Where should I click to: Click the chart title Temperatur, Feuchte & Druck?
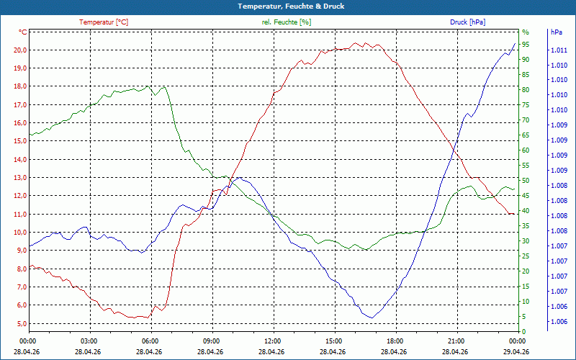(x=287, y=6)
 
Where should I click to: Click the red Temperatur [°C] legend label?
(x=104, y=22)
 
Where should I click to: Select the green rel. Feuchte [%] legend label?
(x=286, y=22)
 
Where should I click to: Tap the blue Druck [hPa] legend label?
(x=467, y=22)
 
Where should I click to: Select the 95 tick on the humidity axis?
(x=526, y=44)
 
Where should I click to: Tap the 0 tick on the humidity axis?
(x=523, y=331)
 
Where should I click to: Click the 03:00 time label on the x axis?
(x=89, y=341)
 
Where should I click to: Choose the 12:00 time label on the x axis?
(x=273, y=341)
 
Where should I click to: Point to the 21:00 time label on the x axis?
(x=456, y=341)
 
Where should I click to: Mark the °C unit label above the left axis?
(x=23, y=32)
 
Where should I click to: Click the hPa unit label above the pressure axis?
(x=557, y=32)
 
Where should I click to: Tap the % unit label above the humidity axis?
(x=525, y=32)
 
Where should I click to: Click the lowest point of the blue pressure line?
(x=372, y=318)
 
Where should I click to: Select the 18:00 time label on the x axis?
(x=395, y=341)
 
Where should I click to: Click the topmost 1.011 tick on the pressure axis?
(x=558, y=50)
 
